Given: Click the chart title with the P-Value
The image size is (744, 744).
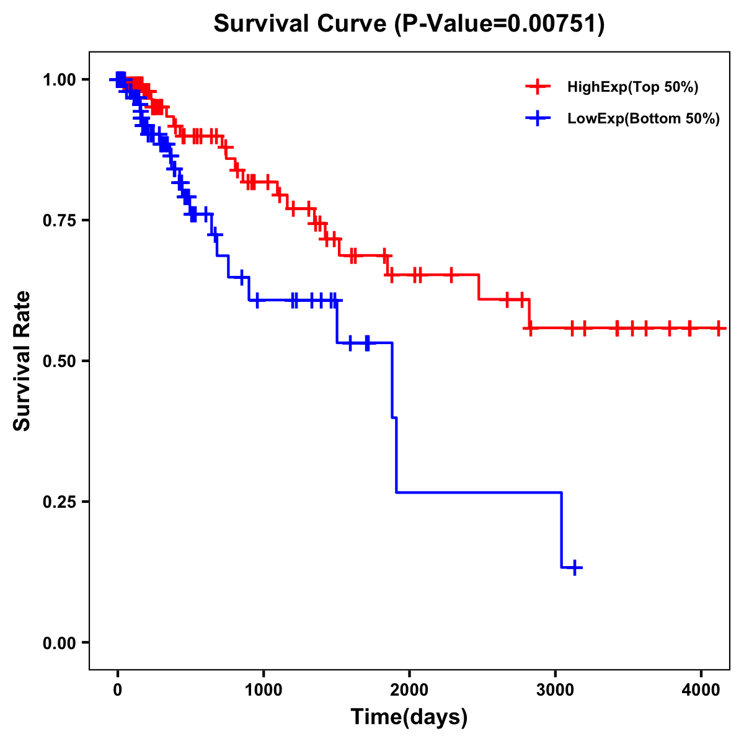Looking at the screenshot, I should (x=409, y=24).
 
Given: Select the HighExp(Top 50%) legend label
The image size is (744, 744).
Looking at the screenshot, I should (x=633, y=87).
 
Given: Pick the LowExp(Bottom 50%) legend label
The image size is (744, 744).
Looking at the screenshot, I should (x=644, y=119).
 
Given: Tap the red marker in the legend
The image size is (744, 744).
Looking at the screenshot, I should (x=538, y=87).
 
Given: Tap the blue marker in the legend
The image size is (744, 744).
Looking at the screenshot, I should (x=538, y=118).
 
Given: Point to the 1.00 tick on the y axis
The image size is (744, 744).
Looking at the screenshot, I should (x=60, y=80).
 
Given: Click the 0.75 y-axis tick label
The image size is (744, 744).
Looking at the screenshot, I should (x=60, y=221).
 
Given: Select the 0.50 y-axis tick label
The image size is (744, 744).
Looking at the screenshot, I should (x=60, y=361).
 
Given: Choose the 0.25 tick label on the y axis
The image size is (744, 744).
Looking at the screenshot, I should (x=60, y=502).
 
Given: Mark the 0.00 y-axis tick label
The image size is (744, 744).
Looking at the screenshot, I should (x=60, y=643).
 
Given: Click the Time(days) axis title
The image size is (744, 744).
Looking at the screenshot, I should (x=409, y=717).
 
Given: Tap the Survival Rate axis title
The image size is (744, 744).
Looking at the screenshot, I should (x=22, y=361).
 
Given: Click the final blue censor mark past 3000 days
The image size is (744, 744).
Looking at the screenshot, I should (x=575, y=567).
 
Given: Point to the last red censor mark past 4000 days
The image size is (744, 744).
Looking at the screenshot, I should (x=718, y=328).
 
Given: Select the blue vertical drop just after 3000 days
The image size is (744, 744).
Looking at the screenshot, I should (x=561, y=530).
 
